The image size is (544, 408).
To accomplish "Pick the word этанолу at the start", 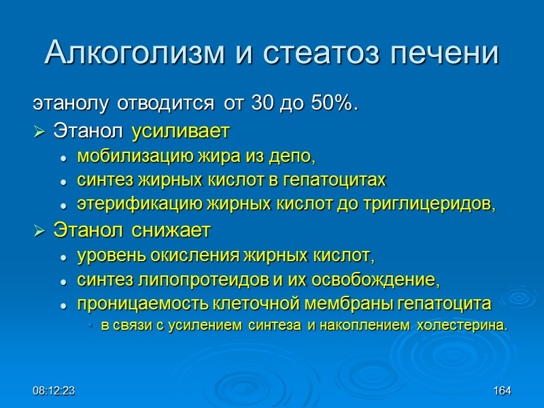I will pos(71,105).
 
